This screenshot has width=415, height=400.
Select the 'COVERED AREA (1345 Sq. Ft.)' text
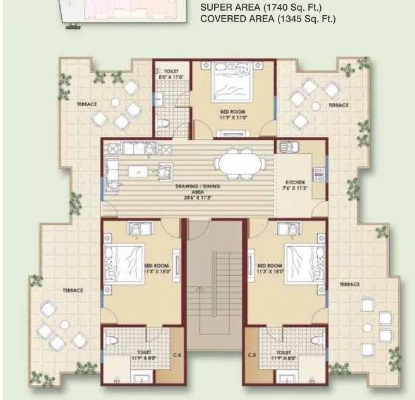pyautogui.click(x=267, y=19)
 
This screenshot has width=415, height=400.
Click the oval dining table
pyautogui.click(x=235, y=163)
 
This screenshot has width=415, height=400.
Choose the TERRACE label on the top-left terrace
pyautogui.click(x=87, y=104)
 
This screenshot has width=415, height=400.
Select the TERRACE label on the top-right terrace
pyautogui.click(x=338, y=105)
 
